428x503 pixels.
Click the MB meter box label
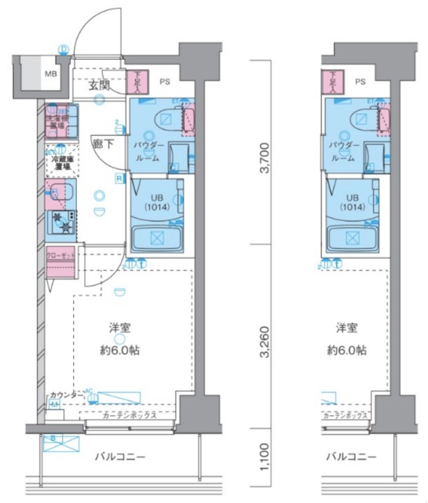pos(49,75)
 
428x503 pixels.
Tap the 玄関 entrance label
pos(100,85)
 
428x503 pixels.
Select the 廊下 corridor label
pos(102,144)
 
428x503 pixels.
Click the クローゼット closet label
pos(60,256)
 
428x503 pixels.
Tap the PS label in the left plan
pos(165,80)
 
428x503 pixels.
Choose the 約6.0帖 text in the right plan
pos(348,351)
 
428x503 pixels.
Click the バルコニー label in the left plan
pos(120,457)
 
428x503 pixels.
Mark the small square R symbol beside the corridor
pos(118,178)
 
